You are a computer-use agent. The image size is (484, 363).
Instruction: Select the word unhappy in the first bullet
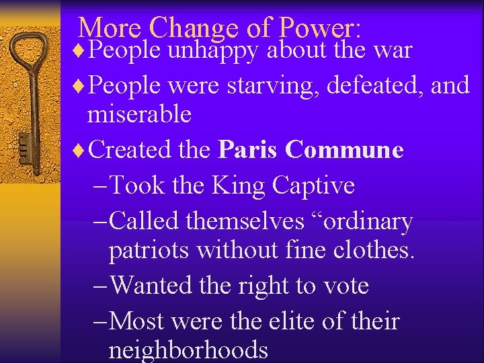coord(213,50)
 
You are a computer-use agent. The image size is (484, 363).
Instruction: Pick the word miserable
coord(139,114)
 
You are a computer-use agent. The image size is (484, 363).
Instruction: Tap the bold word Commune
coord(344,149)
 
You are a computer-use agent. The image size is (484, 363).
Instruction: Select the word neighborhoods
coord(188,350)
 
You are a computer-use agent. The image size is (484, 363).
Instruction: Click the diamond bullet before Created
coord(80,150)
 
